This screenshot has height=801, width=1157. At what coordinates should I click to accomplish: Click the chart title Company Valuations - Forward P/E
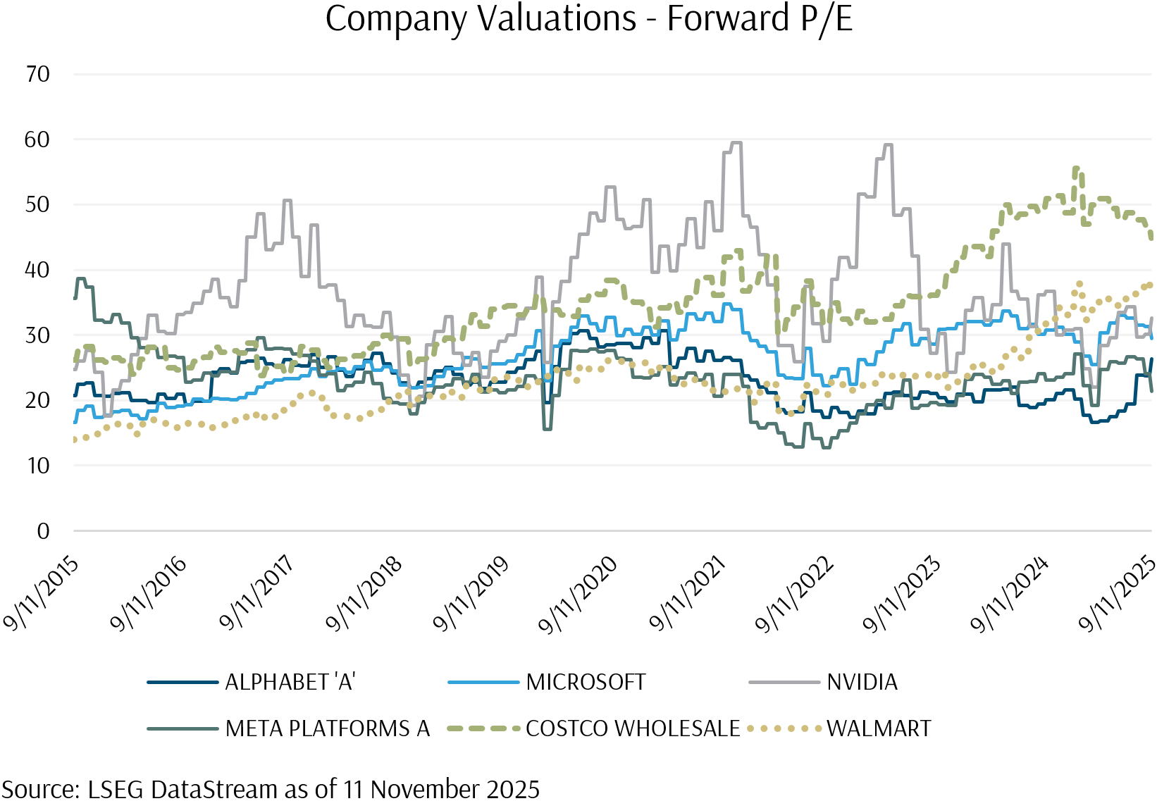[x=588, y=18]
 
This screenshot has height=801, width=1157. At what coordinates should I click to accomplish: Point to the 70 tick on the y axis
[x=37, y=74]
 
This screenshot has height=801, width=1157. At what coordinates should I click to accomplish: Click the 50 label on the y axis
[x=37, y=204]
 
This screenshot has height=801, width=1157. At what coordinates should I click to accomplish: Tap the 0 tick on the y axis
[x=43, y=530]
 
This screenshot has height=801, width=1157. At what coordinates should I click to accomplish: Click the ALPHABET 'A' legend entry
[x=290, y=682]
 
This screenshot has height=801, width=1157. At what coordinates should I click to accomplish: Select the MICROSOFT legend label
[x=586, y=682]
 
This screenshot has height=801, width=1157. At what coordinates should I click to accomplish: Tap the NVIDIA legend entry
[x=862, y=682]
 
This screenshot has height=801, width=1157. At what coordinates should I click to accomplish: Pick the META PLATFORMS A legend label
[x=328, y=728]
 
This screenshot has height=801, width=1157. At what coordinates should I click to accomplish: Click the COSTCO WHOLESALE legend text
[x=633, y=728]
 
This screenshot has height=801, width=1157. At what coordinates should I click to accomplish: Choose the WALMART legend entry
[x=879, y=728]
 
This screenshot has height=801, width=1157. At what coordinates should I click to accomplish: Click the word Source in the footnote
[x=39, y=789]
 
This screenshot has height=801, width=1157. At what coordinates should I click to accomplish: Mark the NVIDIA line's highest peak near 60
[x=736, y=143]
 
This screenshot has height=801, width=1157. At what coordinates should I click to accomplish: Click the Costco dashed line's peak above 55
[x=1076, y=168]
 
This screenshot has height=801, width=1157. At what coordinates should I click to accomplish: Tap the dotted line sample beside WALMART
[x=785, y=728]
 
